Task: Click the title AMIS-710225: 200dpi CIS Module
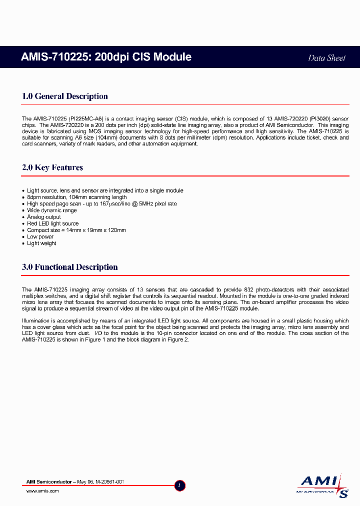point(106,57)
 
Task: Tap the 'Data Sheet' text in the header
point(326,58)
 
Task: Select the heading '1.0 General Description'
point(65,96)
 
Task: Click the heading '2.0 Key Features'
point(52,167)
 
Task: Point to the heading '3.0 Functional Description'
point(70,267)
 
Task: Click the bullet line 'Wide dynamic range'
point(52,210)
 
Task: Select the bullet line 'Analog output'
point(44,217)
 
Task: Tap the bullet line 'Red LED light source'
point(53,223)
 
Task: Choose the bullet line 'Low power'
point(40,237)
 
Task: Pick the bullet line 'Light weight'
point(41,243)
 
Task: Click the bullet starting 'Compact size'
point(76,230)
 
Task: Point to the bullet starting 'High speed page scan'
point(102,204)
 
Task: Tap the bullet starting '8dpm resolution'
point(77,197)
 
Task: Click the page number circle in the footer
point(180,485)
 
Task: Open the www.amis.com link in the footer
point(42,491)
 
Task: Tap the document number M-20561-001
point(108,481)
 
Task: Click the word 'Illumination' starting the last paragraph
point(36,320)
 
